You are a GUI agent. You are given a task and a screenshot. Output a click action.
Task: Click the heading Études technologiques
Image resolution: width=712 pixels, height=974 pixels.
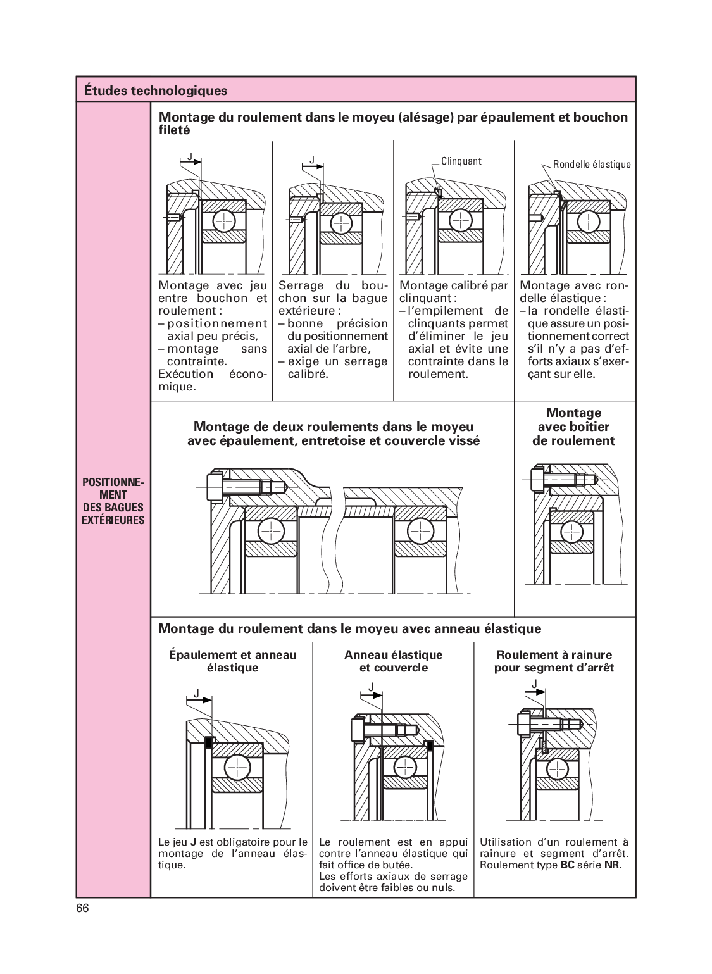(155, 91)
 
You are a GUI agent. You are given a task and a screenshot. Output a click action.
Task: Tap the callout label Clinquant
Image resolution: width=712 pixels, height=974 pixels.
(461, 161)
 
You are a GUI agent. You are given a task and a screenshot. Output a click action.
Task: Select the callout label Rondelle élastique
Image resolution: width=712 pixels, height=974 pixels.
(592, 165)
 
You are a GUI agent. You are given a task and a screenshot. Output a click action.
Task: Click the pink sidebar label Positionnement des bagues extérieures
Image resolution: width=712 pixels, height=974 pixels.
(113, 501)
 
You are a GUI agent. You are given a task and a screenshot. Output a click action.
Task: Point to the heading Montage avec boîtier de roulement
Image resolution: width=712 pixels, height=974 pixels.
(573, 427)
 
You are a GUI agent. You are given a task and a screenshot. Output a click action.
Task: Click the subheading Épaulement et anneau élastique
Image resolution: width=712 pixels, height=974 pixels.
(232, 661)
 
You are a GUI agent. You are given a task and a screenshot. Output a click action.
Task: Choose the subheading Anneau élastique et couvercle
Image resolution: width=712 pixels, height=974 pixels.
(393, 661)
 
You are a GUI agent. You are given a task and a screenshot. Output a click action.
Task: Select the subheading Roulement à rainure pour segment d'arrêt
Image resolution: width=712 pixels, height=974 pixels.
(554, 661)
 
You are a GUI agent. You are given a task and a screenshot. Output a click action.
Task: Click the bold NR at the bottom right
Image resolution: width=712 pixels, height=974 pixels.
(611, 865)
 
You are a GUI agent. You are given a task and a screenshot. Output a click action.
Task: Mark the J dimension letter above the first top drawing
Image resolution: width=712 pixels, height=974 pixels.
(189, 156)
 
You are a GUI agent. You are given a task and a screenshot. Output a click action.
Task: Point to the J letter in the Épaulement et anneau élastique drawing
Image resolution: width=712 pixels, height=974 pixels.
(196, 694)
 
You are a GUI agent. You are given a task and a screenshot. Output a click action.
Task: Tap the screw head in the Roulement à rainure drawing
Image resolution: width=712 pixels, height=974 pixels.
(523, 723)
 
